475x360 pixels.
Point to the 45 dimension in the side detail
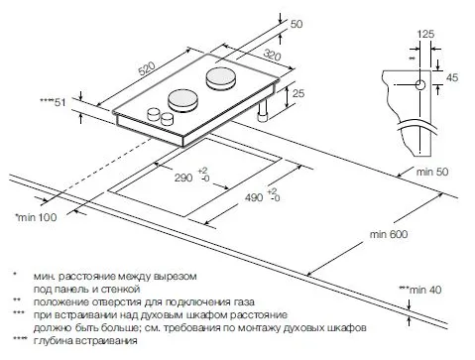[450, 75]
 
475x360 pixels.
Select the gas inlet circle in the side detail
[421, 86]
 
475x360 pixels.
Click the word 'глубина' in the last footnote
[56, 340]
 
